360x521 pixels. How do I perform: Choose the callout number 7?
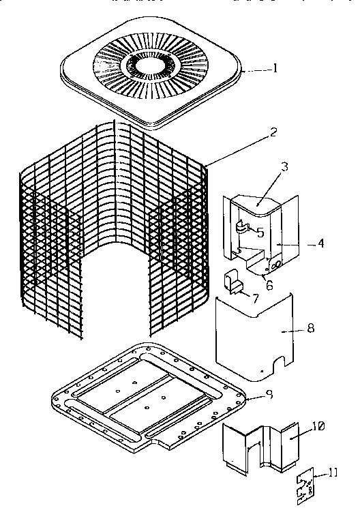(x=256, y=298)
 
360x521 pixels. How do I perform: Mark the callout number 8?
(x=312, y=329)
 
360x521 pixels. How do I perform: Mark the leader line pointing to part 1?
(x=260, y=70)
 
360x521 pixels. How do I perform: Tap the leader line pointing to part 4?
(x=293, y=242)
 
